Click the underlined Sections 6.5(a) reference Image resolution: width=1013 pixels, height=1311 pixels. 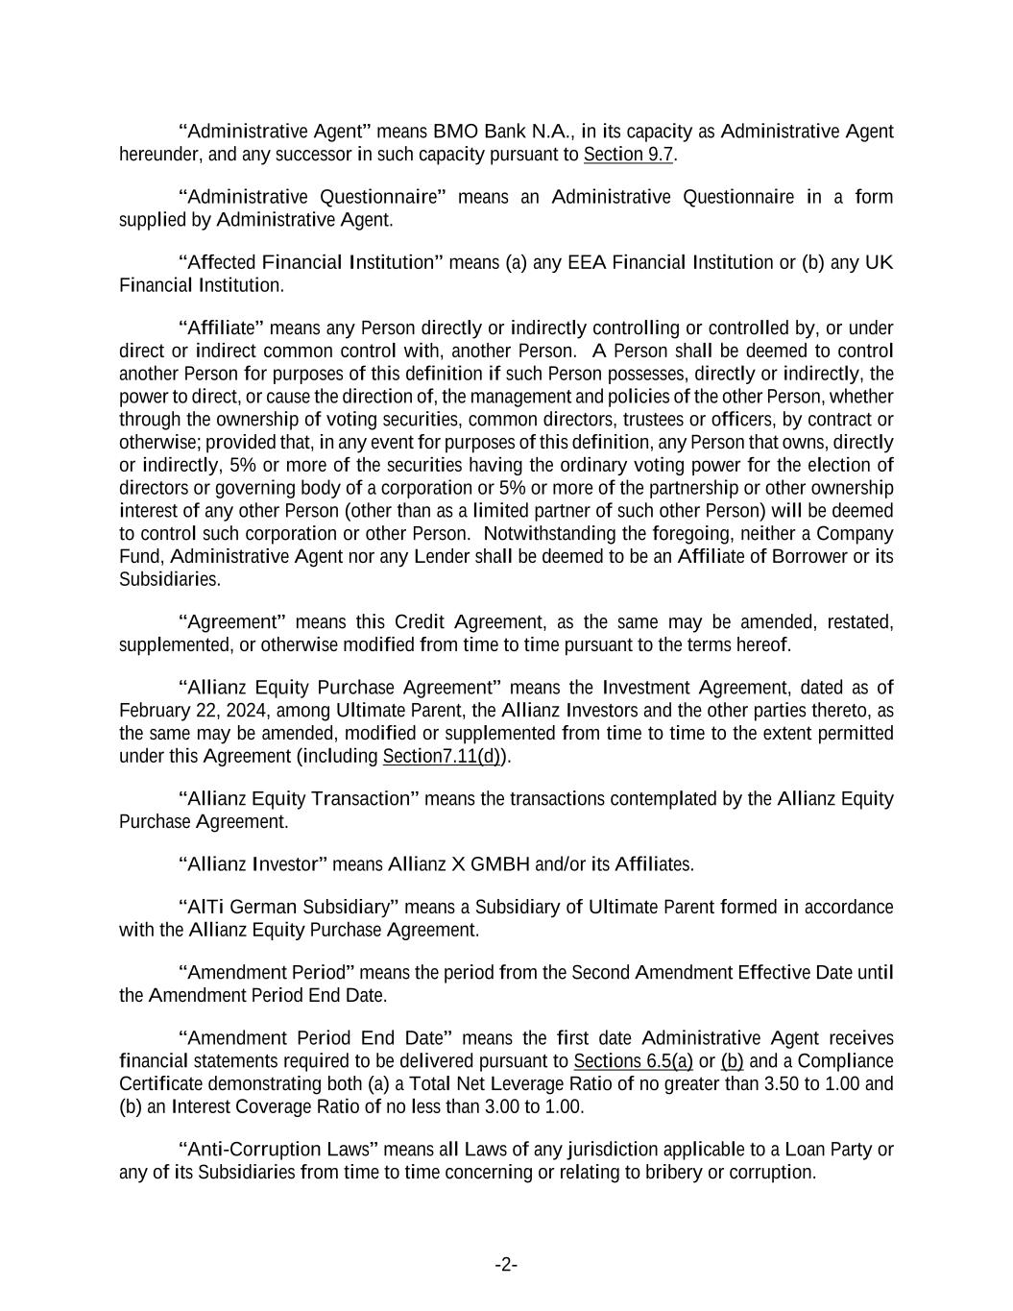point(633,1061)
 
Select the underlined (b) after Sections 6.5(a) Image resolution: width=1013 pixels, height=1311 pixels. point(732,1061)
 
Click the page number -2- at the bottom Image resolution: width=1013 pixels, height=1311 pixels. point(506,1265)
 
